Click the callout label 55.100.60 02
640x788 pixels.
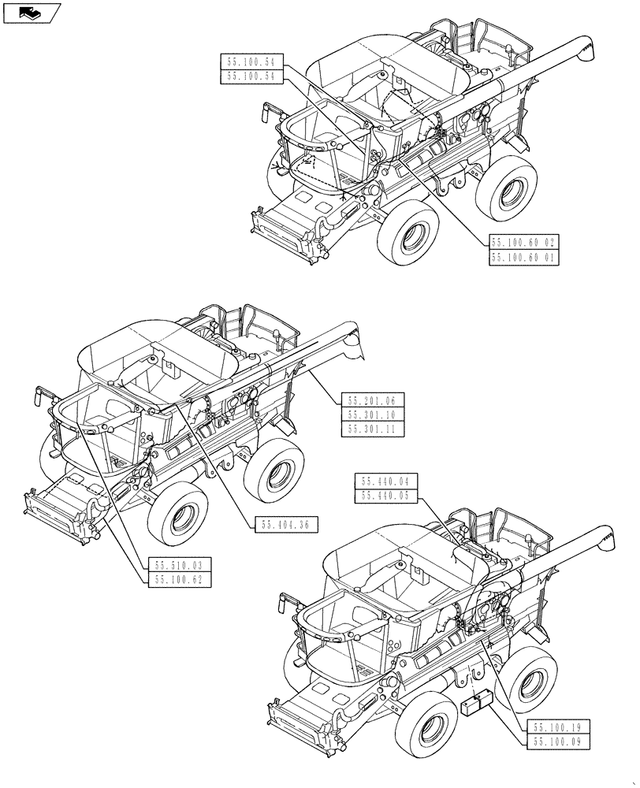coord(524,243)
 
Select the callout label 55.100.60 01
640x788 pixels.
coord(524,258)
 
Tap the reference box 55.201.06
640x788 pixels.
coord(373,401)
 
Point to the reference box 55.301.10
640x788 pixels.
coord(373,415)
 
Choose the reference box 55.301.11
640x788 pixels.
coord(373,429)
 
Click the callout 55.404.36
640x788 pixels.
coord(285,524)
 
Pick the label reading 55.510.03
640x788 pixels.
coord(179,565)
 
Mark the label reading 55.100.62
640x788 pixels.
coord(179,579)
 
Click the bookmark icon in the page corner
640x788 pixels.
coord(32,12)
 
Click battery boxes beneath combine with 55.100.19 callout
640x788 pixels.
coord(477,704)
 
